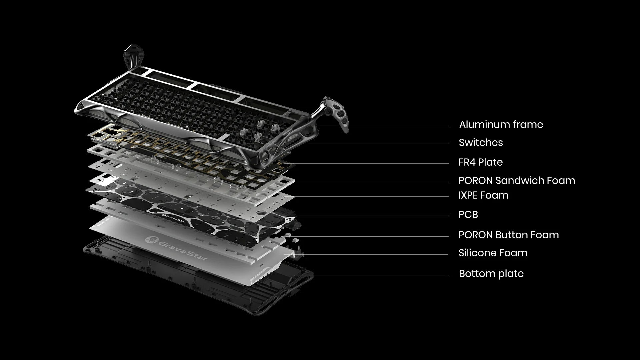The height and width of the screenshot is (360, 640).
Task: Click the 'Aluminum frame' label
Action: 501,125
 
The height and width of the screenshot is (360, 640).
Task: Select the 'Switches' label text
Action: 480,143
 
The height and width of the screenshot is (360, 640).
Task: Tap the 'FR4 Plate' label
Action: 480,162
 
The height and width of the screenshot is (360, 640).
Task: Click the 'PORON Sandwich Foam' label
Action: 516,181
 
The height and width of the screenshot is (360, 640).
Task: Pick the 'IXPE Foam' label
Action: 483,195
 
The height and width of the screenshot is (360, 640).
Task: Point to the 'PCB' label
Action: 468,215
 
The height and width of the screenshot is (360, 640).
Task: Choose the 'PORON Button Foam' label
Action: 508,235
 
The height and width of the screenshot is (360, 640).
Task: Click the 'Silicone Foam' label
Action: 493,253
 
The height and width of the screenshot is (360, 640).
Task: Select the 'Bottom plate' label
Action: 491,274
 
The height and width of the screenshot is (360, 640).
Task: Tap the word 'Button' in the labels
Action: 512,235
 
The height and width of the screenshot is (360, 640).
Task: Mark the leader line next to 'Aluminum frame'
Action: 383,126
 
